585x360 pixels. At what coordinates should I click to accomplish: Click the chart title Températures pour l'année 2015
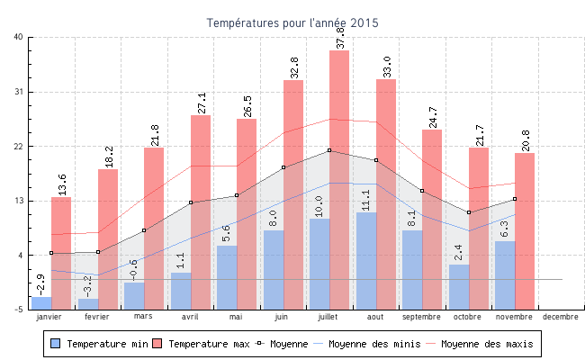point(292,22)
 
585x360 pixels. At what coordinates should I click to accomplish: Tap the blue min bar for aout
point(366,260)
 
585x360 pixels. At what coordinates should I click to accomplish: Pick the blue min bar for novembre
point(505,274)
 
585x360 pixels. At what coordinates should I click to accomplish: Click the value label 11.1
point(366,199)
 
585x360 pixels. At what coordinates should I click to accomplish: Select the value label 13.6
point(62,184)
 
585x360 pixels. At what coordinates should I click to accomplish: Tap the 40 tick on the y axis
point(19,37)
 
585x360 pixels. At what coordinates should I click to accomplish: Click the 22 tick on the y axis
point(19,147)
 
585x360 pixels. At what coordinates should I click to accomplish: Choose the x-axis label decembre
point(561,317)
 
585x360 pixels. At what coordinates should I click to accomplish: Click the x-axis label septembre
point(421,317)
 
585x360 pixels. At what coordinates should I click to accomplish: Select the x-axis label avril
point(190,317)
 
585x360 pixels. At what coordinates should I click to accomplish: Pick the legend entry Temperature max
point(202,344)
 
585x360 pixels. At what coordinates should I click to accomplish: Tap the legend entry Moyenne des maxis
point(486,344)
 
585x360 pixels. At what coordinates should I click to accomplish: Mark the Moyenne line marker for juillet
point(329,150)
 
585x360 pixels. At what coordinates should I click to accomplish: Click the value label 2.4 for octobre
point(458,252)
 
